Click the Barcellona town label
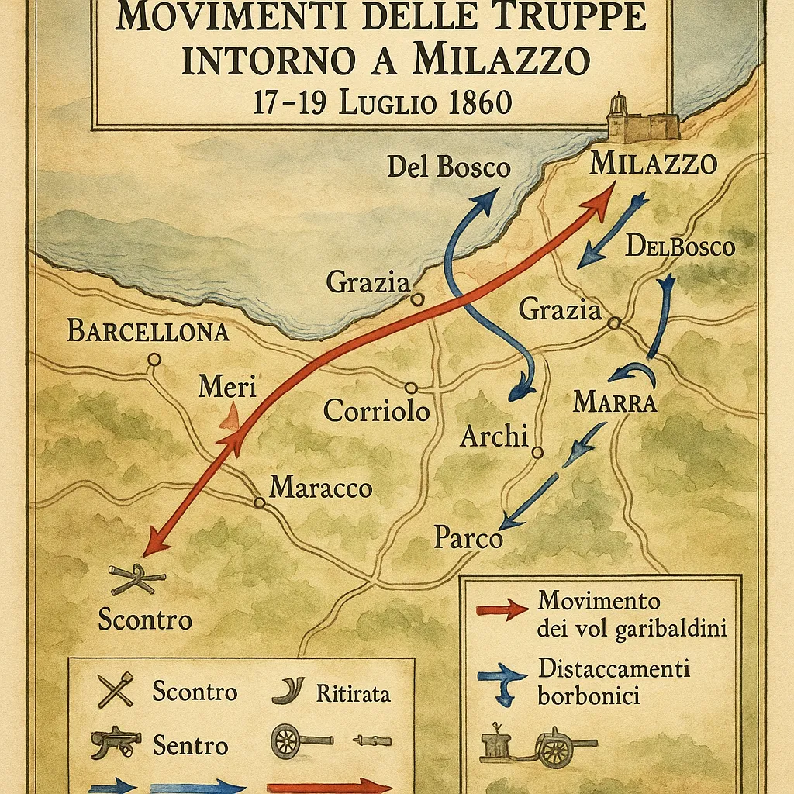tap(147, 331)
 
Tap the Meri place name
tap(226, 386)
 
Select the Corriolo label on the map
tap(376, 410)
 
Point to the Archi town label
tap(493, 437)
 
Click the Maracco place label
tap(320, 488)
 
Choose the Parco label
tap(468, 537)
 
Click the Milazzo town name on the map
tap(653, 164)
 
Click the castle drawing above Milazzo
tap(640, 120)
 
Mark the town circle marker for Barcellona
tap(154, 359)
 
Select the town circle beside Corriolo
tap(411, 388)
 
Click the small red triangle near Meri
tap(230, 419)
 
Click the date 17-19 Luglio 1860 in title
tap(382, 102)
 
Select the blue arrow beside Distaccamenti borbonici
tap(504, 680)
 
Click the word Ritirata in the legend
tap(353, 692)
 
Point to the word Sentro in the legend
tap(191, 746)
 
